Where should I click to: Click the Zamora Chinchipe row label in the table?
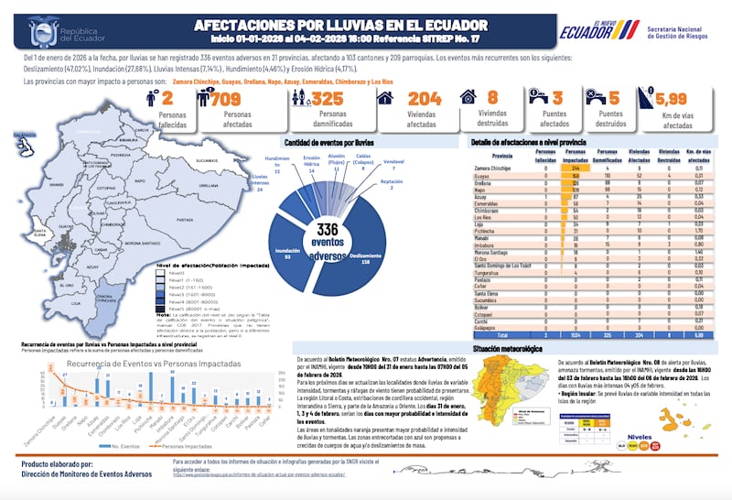pyautogui.click(x=493, y=169)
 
